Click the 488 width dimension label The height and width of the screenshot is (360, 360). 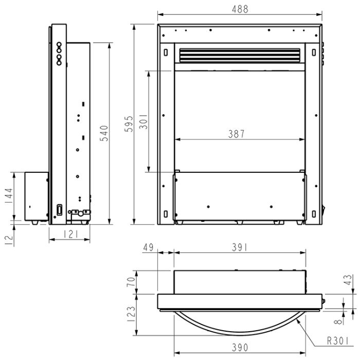pyautogui.click(x=240, y=9)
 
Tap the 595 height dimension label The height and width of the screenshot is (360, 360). pyautogui.click(x=129, y=124)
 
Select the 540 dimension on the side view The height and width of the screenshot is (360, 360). pyautogui.click(x=104, y=133)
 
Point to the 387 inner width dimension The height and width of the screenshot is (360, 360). pyautogui.click(x=237, y=134)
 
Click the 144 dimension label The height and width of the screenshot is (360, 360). pyautogui.click(x=9, y=196)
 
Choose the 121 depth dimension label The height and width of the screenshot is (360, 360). pyautogui.click(x=71, y=235)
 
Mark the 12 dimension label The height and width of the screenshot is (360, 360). pyautogui.click(x=9, y=240)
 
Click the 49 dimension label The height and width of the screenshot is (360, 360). pyautogui.click(x=148, y=247)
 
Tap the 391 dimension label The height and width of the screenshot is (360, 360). pyautogui.click(x=240, y=247)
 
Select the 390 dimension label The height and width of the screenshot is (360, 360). pyautogui.click(x=240, y=348)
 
